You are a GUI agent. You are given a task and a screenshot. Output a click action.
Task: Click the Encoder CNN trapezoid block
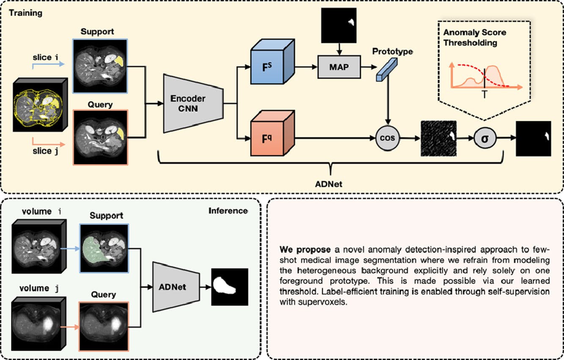(x=193, y=104)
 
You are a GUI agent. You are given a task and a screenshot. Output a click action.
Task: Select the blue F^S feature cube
(x=272, y=62)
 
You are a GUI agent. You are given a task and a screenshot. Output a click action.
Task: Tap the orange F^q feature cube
(x=272, y=133)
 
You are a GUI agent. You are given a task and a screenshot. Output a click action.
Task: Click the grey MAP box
(x=339, y=67)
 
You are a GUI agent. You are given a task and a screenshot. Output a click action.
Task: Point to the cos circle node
(x=388, y=138)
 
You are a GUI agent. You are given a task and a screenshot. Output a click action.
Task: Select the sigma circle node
(x=485, y=138)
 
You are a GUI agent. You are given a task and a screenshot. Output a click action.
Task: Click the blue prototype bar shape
(x=387, y=69)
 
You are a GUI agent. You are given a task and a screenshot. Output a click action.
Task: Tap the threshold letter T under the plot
(x=484, y=94)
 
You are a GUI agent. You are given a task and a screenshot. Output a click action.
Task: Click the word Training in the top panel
(x=25, y=13)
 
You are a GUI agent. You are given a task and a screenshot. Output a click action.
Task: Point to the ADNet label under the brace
(x=329, y=184)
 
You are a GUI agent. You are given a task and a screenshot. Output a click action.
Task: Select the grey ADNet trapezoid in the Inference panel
(x=176, y=287)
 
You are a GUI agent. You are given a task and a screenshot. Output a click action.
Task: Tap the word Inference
(x=228, y=211)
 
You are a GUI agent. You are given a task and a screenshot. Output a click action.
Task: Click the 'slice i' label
(x=45, y=57)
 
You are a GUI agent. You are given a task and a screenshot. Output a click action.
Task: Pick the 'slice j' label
(x=45, y=151)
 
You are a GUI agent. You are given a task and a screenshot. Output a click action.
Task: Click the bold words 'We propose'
(x=305, y=250)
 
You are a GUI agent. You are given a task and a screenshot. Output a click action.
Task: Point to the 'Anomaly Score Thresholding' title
(x=475, y=38)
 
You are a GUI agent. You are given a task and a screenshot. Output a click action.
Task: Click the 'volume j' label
(x=39, y=288)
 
